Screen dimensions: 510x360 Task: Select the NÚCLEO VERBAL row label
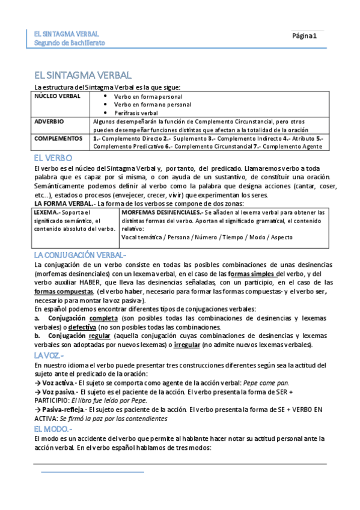pyautogui.click(x=57, y=96)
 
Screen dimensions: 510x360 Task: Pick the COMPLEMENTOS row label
pyautogui.click(x=58, y=138)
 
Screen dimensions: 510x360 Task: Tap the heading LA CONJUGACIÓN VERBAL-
pyautogui.click(x=80, y=255)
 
